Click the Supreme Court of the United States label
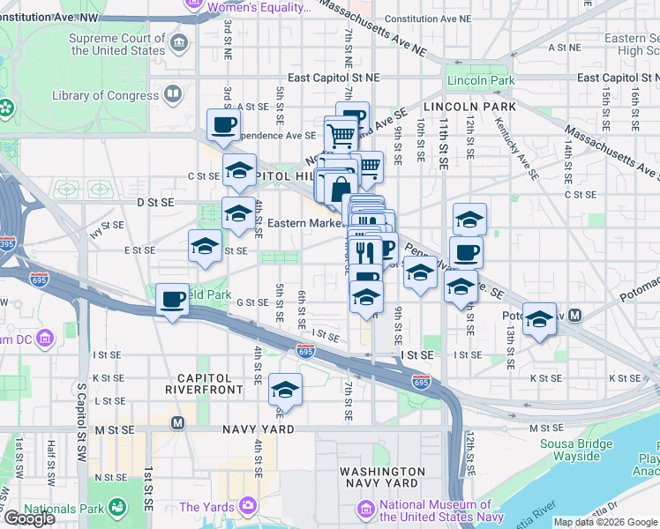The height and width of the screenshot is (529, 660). [118, 43]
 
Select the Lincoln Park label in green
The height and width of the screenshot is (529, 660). [480, 80]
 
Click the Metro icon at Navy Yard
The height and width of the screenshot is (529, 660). [178, 422]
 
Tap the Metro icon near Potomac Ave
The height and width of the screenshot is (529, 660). [575, 315]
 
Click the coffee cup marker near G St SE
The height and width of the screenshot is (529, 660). [173, 300]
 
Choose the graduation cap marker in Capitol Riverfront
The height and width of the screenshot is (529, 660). [285, 389]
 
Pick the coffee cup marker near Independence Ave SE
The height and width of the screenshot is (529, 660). [223, 124]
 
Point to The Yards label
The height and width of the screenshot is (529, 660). [207, 507]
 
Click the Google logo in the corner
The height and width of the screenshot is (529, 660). [29, 518]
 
